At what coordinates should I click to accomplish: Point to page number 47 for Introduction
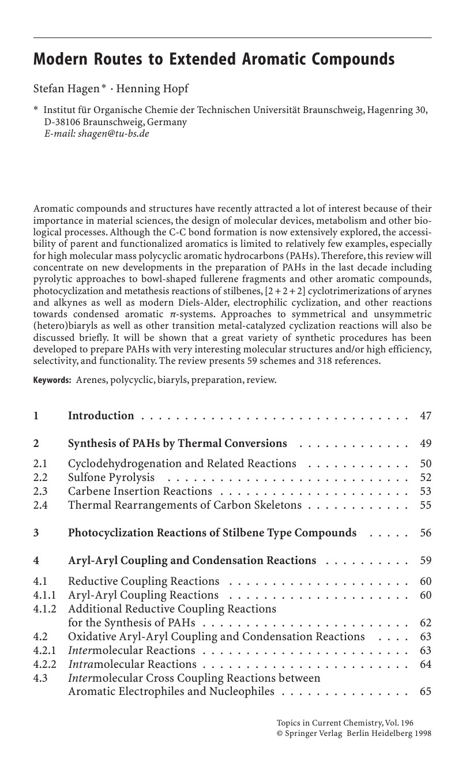coord(426,416)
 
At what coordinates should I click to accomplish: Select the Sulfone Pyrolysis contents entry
coord(111,478)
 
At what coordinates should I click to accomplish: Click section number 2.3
coord(40,491)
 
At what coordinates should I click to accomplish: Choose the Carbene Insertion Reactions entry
coord(140,491)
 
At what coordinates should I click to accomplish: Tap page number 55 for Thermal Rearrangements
coord(426,505)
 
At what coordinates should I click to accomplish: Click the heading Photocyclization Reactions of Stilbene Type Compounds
coord(212,533)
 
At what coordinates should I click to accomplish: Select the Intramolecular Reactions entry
coord(132,664)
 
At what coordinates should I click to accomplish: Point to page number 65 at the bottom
coord(426,692)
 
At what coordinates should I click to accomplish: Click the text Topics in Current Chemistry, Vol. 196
coord(345,723)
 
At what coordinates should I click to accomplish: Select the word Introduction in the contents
coord(101,416)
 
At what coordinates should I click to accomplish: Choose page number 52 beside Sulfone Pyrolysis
coord(426,478)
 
